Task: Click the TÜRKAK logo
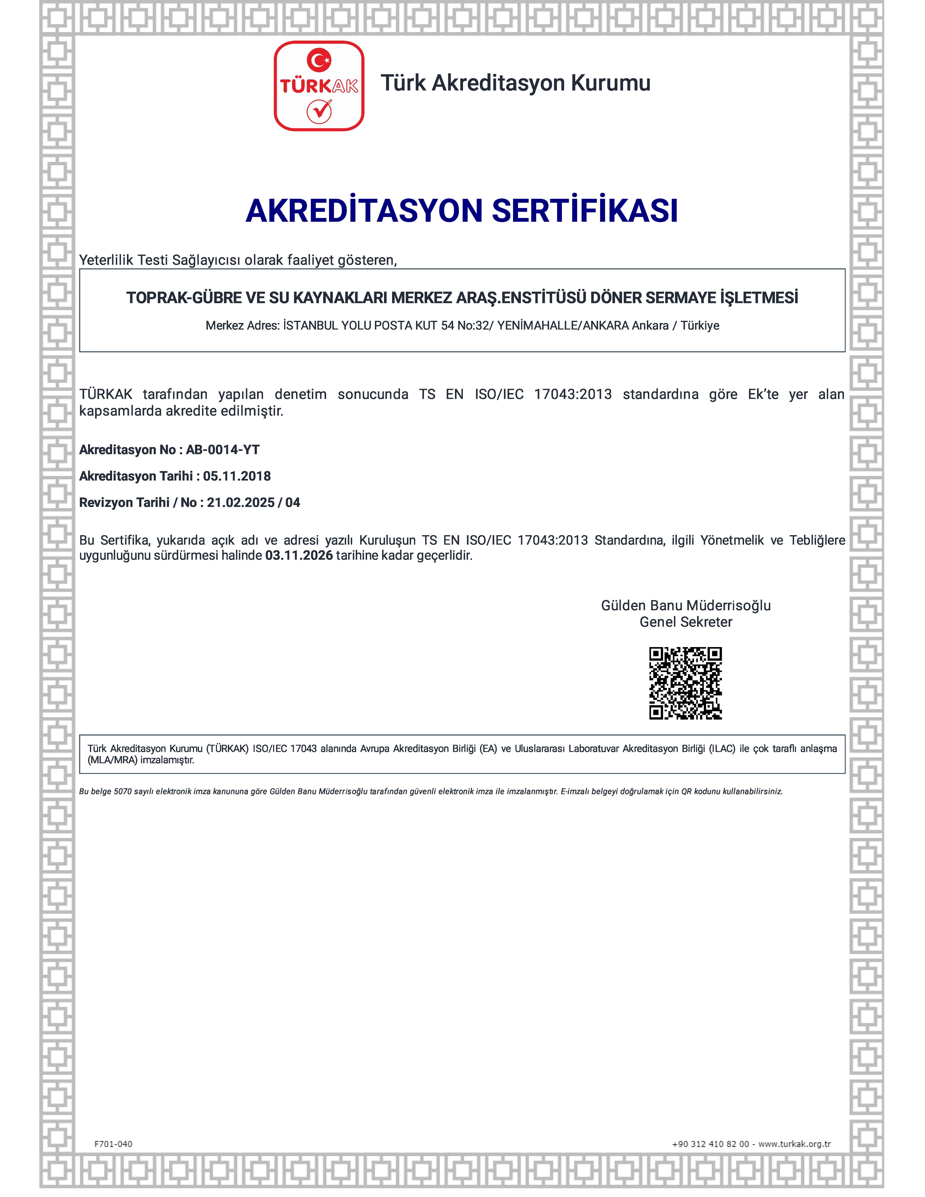click(319, 86)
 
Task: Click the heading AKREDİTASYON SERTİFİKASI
click(462, 210)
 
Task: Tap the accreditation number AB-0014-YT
click(222, 450)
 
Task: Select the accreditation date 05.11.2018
click(237, 476)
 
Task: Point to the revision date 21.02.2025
click(241, 503)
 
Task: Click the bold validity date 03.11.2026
click(299, 555)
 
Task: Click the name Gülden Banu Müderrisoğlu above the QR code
click(686, 606)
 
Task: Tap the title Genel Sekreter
click(686, 622)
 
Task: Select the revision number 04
click(293, 503)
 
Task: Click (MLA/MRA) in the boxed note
click(112, 760)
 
